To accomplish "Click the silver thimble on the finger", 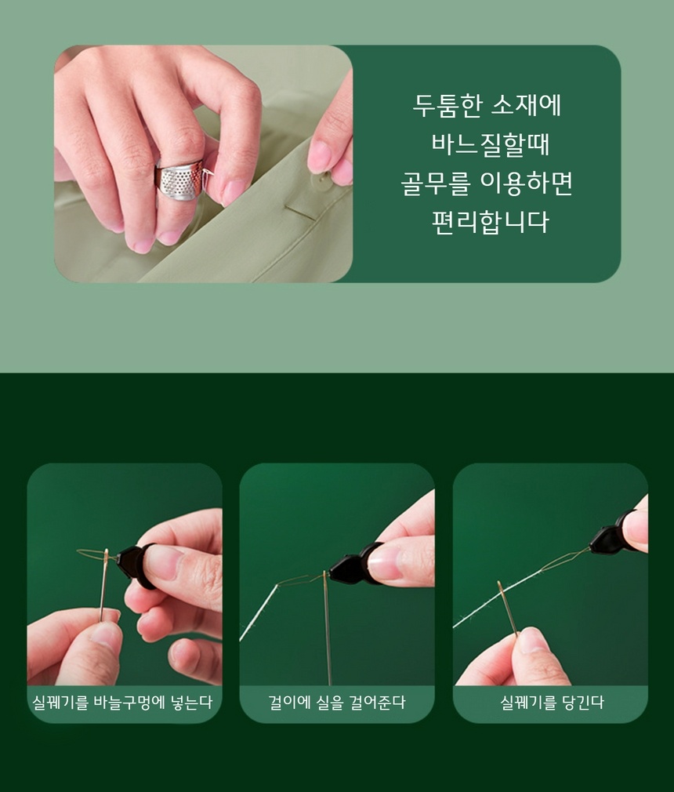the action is point(180,180).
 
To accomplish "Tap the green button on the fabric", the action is point(322,181).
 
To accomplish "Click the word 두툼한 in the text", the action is point(447,106).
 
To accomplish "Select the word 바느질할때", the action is point(490,144).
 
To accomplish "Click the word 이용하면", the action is point(526,183).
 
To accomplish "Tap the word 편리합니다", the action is point(490,222).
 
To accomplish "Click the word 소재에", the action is point(527,106).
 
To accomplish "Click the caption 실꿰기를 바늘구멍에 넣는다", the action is point(123,702).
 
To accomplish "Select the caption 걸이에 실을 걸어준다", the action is point(337,702).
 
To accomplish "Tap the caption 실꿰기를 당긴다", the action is point(552,702).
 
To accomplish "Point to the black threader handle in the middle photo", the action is point(353,565).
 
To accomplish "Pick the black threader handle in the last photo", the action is point(612,534).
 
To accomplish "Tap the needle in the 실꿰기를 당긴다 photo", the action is point(508,608).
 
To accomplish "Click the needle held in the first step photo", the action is point(103,584).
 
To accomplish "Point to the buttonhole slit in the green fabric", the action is point(300,213).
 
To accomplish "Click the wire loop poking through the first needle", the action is point(92,554).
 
